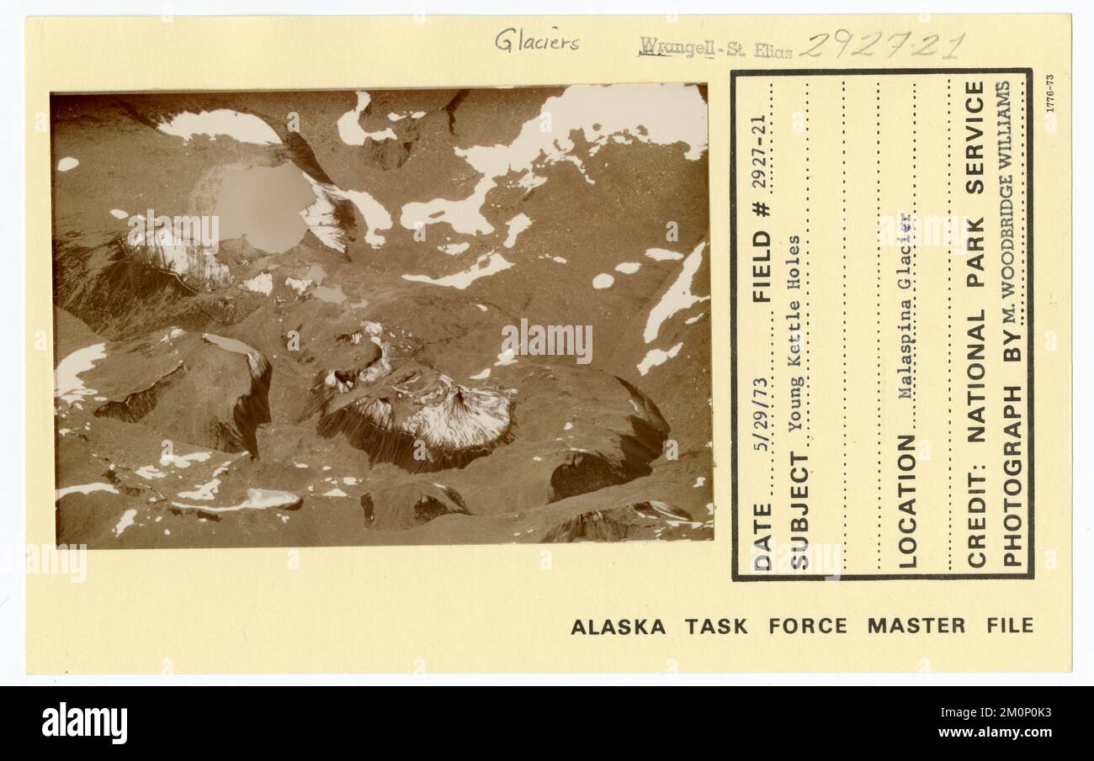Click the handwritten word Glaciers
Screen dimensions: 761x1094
click(x=537, y=40)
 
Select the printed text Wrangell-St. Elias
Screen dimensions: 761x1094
click(x=715, y=48)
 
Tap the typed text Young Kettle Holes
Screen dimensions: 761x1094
click(x=796, y=333)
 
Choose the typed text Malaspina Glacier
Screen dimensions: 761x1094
click(x=906, y=306)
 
